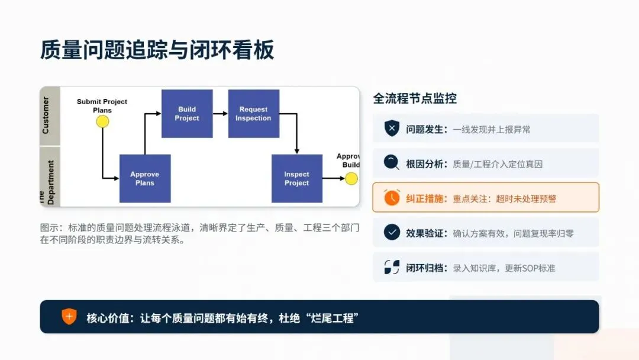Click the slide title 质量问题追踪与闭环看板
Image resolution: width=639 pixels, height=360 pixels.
click(157, 50)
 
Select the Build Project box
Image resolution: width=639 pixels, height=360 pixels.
click(187, 114)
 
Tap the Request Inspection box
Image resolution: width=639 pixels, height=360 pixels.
click(253, 114)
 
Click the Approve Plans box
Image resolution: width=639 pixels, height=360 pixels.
click(145, 178)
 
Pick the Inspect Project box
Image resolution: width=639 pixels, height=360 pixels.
click(296, 178)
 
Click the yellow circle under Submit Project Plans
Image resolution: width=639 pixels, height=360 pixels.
click(103, 121)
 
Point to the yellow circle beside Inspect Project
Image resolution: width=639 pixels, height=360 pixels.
click(351, 178)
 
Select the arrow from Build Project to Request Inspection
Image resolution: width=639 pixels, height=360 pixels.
click(220, 114)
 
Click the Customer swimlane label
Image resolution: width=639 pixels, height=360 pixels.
click(46, 115)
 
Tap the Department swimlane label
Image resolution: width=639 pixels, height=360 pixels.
click(50, 182)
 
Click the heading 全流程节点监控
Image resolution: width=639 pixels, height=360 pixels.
click(414, 98)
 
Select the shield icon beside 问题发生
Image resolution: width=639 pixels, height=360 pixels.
click(392, 128)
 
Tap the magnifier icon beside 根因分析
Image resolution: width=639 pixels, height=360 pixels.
click(392, 163)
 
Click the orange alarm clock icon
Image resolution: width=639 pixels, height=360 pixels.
click(392, 198)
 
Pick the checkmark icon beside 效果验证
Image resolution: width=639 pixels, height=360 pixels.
click(392, 232)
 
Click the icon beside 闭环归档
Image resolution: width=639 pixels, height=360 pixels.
click(392, 267)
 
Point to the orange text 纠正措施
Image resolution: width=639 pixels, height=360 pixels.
click(426, 198)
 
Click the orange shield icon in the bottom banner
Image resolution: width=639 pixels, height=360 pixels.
click(69, 317)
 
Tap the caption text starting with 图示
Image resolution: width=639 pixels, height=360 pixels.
click(199, 233)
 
